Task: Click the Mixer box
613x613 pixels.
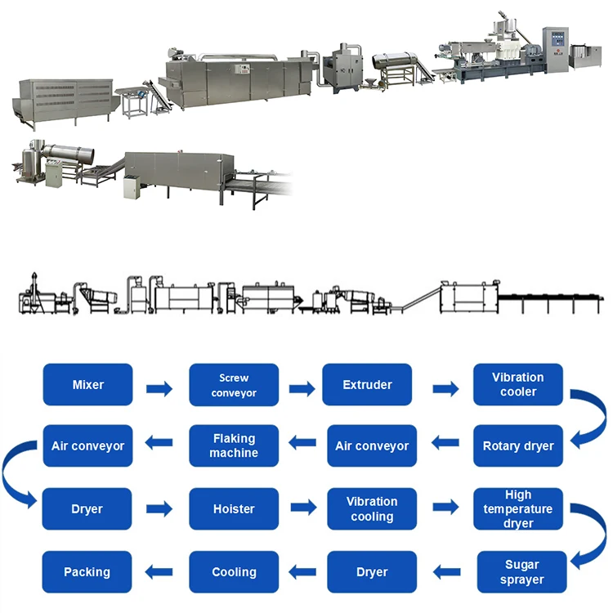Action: coord(87,384)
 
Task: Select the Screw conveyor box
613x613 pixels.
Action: coord(234,385)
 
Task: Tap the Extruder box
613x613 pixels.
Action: coord(367,384)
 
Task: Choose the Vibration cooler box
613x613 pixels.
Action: coord(518,384)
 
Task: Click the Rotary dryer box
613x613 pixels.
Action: coord(518,445)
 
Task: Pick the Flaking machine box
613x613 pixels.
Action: coord(234,445)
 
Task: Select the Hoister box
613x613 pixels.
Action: coord(234,508)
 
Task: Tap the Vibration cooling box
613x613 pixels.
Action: coord(372,508)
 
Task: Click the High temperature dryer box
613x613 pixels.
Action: coord(518,508)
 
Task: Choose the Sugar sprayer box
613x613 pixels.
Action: coord(522,572)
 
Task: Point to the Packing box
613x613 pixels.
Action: coord(87,572)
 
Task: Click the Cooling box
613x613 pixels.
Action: coord(234,572)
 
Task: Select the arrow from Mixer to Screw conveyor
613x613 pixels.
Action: coord(159,388)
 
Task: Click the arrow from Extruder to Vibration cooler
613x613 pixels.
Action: coord(445,388)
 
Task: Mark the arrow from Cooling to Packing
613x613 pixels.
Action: coord(159,572)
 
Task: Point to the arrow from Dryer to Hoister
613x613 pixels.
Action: coord(159,508)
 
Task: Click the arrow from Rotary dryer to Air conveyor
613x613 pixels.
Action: coord(445,443)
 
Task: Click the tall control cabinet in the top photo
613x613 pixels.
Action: coord(556,50)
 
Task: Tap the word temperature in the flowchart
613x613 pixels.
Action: coord(518,508)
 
